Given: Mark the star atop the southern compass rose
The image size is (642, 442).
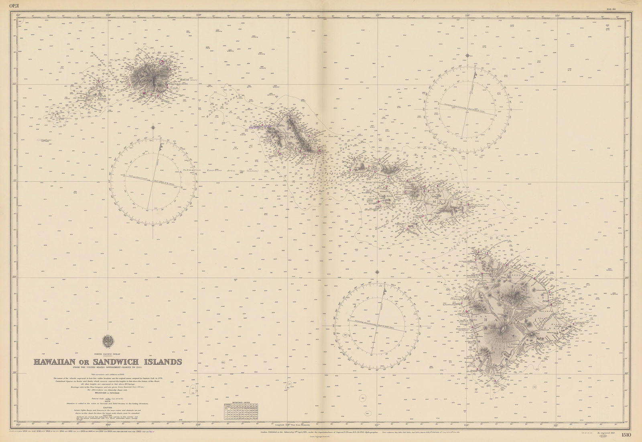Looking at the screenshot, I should (378, 272).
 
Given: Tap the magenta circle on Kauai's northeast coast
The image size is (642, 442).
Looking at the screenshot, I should (162, 63).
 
